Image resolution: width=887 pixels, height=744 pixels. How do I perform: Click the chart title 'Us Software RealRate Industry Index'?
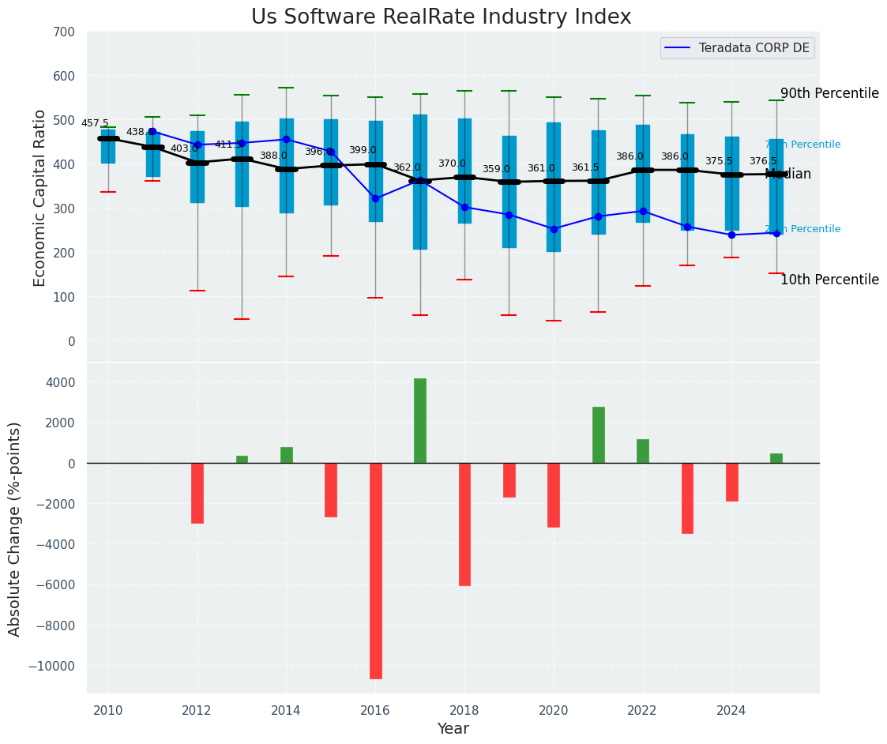point(441,17)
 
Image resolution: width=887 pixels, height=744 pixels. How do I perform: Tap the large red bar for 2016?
point(375,570)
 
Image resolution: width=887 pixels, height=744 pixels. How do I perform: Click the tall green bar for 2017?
point(420,420)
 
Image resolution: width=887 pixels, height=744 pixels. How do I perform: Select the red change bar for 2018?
point(464,524)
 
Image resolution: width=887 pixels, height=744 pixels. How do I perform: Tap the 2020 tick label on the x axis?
point(553,710)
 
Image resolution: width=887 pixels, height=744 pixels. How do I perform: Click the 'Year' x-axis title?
point(453,729)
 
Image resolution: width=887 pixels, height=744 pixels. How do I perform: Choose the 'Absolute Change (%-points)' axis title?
point(15,528)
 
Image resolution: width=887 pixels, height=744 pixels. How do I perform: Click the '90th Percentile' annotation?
point(829,93)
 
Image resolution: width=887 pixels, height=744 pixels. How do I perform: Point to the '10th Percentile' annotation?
point(829,280)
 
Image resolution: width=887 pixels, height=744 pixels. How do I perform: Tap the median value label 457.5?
point(95,123)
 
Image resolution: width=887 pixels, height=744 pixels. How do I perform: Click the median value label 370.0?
point(452,163)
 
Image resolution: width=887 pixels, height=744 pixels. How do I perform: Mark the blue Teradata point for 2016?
point(375,198)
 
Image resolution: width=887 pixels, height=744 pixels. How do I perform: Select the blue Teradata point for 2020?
point(554,229)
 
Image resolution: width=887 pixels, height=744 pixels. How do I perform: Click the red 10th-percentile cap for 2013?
point(242,319)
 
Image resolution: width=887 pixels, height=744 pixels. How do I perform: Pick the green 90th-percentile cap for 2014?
point(286,88)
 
